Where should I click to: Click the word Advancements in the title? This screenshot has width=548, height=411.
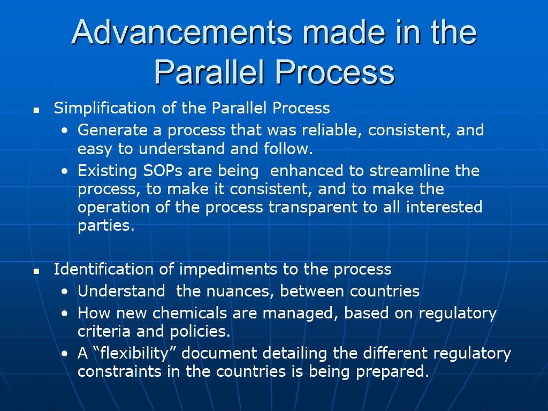[x=182, y=32]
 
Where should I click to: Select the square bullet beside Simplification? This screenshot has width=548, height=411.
[x=36, y=110]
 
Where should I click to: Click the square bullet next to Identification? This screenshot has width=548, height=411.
[x=36, y=271]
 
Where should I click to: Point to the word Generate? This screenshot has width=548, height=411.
[x=112, y=131]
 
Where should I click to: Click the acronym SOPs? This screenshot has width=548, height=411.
[x=163, y=171]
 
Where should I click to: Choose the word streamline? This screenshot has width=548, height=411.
[x=409, y=171]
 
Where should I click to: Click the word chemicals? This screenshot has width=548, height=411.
[x=190, y=313]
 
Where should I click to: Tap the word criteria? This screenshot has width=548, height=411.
[x=104, y=331]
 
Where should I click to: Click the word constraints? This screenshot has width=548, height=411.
[x=119, y=371]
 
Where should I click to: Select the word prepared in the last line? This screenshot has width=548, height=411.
[x=392, y=372]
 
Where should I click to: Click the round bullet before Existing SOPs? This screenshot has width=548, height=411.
[x=65, y=171]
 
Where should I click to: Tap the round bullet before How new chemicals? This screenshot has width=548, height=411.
[x=65, y=314]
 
